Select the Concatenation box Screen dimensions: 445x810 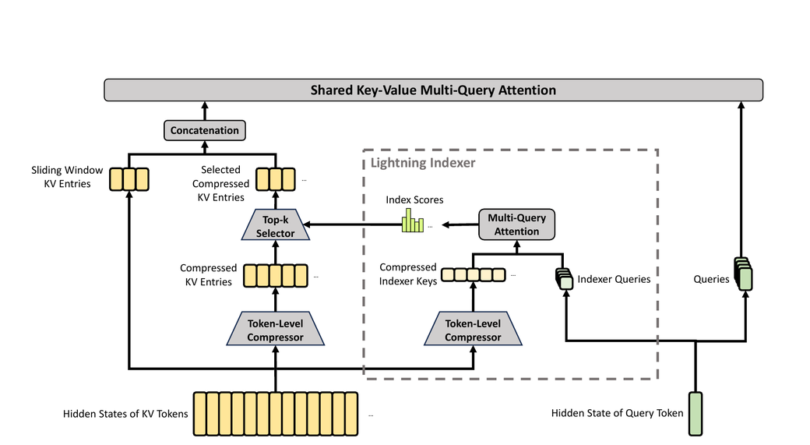[204, 130]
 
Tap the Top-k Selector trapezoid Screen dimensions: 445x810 [273, 226]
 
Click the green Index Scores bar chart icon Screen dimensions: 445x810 [412, 223]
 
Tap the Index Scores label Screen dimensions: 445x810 [414, 200]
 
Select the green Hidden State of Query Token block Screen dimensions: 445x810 [695, 413]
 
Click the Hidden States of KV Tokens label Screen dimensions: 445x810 [125, 414]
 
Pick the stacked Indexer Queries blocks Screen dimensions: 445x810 [564, 277]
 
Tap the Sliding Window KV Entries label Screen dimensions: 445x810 [67, 176]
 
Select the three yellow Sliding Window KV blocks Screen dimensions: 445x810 [129, 180]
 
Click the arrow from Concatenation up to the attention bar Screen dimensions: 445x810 [204, 110]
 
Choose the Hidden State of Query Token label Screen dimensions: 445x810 [617, 414]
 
